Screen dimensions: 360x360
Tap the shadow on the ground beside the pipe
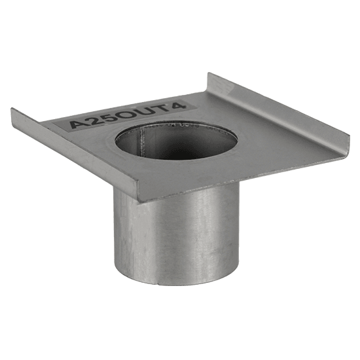255,262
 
